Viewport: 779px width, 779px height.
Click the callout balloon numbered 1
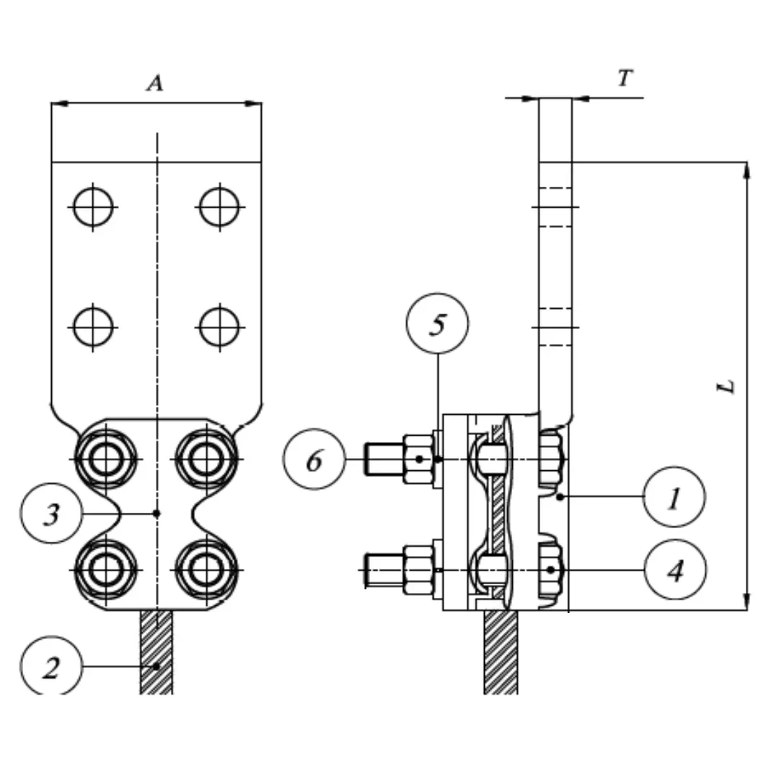pyautogui.click(x=673, y=497)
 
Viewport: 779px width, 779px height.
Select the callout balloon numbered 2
pyautogui.click(x=51, y=667)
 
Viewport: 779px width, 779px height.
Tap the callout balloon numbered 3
pyautogui.click(x=51, y=514)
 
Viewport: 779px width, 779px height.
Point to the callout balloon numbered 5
pyautogui.click(x=438, y=324)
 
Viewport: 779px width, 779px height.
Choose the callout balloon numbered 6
pyautogui.click(x=314, y=459)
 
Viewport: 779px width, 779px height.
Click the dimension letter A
pyautogui.click(x=155, y=83)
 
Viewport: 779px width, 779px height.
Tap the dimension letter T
pyautogui.click(x=625, y=78)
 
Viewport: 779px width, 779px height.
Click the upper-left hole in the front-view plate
pyautogui.click(x=93, y=207)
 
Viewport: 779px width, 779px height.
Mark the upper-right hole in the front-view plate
pyautogui.click(x=219, y=207)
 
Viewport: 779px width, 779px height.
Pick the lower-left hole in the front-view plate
pyautogui.click(x=93, y=327)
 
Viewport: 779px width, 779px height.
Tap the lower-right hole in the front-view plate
pyautogui.click(x=219, y=327)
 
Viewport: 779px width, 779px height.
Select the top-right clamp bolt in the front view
pyautogui.click(x=207, y=458)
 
